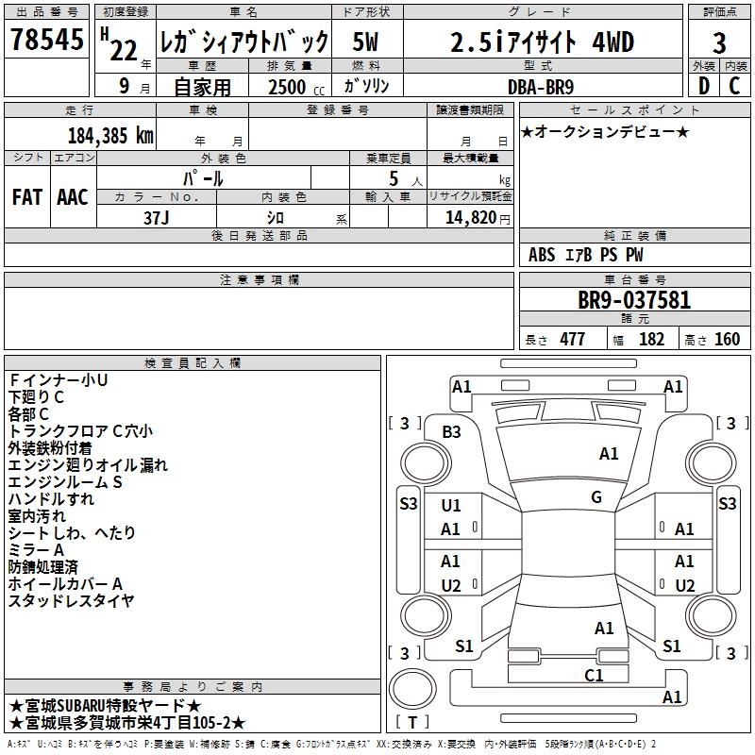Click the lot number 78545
[46, 41]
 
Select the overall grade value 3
[719, 42]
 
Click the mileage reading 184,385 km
[110, 135]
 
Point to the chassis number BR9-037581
[633, 301]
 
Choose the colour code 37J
[158, 216]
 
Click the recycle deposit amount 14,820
[470, 217]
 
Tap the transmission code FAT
[27, 197]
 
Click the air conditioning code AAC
[73, 197]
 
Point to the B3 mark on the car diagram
[452, 431]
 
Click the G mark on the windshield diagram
[596, 496]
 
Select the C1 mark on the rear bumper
[594, 675]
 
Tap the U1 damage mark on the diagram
[451, 506]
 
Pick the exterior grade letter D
[703, 86]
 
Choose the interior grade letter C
[734, 86]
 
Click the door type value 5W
[366, 42]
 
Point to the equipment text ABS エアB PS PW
[586, 255]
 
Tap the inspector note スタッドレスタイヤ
[71, 600]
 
